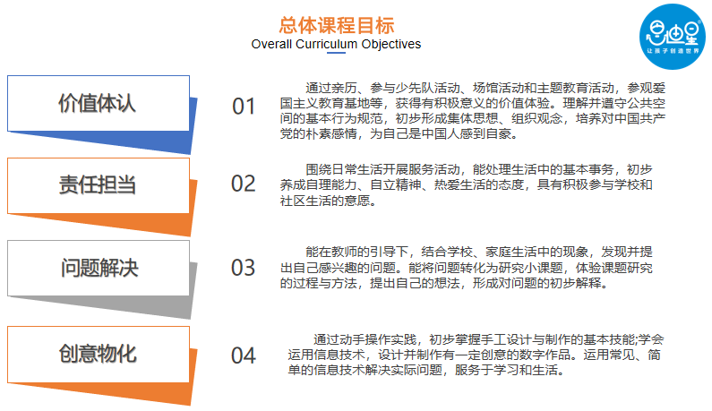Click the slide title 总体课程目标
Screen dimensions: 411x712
coord(336,24)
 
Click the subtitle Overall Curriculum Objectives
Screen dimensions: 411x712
coord(336,44)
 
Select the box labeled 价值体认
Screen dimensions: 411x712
coord(98,103)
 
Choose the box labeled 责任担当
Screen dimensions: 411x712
coord(98,185)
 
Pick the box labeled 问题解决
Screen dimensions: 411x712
coord(98,268)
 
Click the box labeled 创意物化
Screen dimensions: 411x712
coord(98,353)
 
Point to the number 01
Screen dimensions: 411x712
coord(244,107)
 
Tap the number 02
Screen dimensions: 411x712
coord(244,184)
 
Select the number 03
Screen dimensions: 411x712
coord(244,267)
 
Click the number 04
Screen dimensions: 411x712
coord(244,355)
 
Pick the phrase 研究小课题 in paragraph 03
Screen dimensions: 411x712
coord(529,268)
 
